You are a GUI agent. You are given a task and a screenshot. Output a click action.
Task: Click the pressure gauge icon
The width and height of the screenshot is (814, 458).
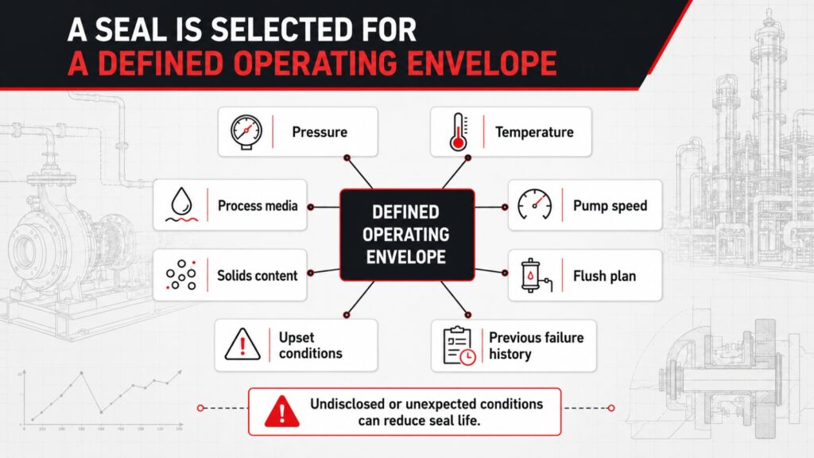click(x=246, y=132)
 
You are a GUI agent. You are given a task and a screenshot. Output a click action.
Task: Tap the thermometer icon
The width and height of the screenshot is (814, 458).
click(x=459, y=132)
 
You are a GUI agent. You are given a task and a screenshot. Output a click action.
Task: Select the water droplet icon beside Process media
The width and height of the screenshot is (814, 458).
click(x=182, y=204)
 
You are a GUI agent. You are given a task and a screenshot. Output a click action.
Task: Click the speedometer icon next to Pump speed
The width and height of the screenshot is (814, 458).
click(x=535, y=204)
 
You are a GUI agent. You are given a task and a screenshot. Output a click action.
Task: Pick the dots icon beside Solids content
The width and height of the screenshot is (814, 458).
click(x=180, y=274)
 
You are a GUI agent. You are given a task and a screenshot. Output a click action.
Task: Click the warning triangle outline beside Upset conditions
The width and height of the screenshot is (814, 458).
click(x=242, y=344)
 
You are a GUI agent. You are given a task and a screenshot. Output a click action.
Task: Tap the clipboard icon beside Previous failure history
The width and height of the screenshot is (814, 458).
click(x=459, y=345)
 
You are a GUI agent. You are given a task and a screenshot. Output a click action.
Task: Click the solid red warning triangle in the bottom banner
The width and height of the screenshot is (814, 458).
click(x=282, y=411)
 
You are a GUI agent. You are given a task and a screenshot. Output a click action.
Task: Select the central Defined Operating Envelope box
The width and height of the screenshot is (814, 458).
click(x=407, y=235)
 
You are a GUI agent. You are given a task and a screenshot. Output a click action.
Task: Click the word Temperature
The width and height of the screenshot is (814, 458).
click(x=534, y=132)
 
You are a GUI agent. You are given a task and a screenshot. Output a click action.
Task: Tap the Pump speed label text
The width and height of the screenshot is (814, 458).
click(x=610, y=206)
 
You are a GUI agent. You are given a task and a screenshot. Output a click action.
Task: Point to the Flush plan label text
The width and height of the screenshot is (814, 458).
click(x=604, y=276)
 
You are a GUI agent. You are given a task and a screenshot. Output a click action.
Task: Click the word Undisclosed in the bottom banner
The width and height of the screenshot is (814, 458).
click(x=348, y=404)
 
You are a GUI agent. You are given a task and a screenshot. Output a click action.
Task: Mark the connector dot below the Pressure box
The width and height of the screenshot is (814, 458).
click(x=347, y=158)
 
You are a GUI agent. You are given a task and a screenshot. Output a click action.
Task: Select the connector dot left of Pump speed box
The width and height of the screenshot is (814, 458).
click(x=505, y=208)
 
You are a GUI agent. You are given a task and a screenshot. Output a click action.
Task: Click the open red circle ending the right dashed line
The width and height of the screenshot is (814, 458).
click(x=611, y=408)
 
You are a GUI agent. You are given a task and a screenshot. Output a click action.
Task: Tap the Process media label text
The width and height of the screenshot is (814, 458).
click(x=258, y=206)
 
